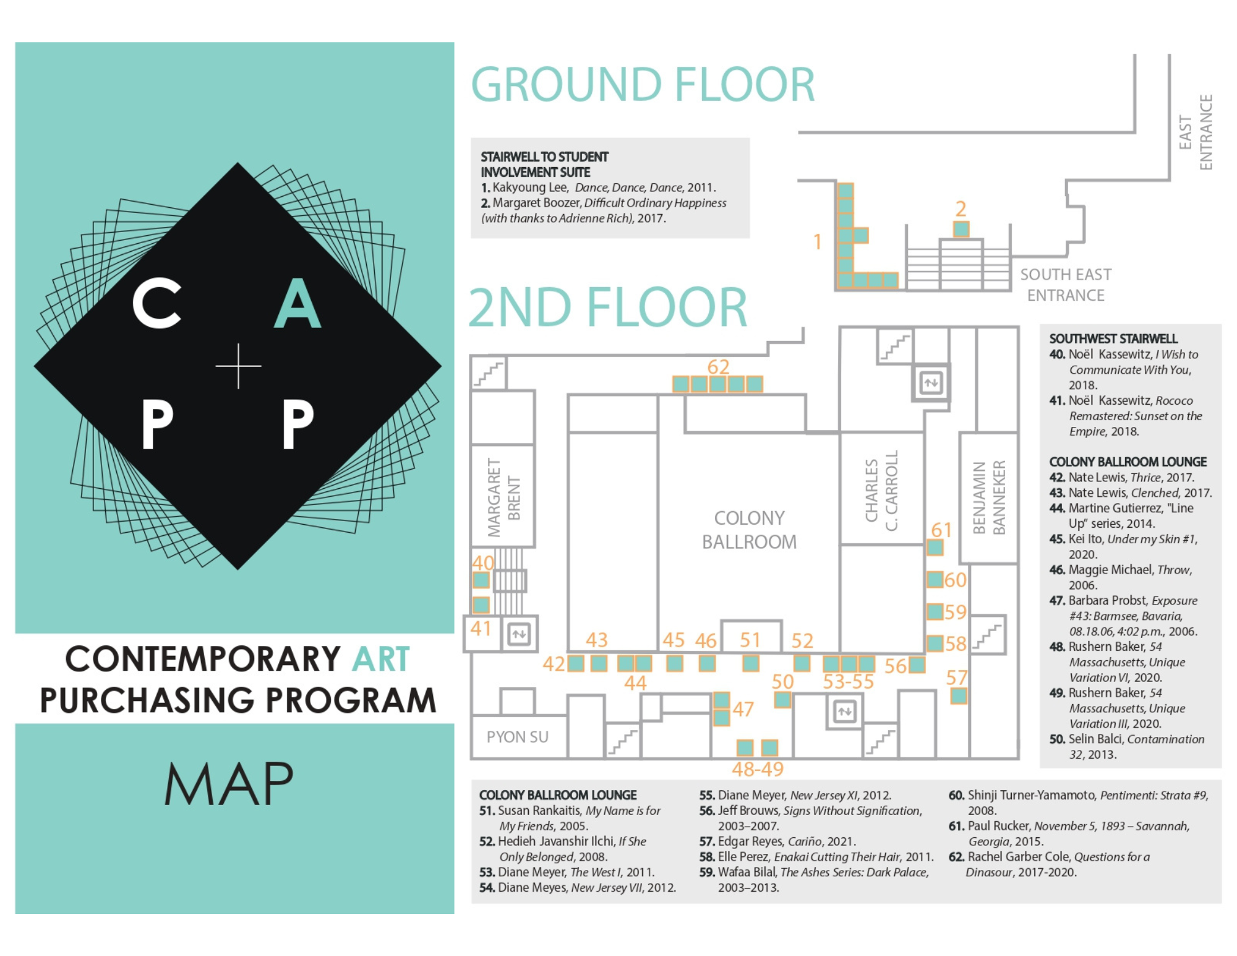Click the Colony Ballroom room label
[x=749, y=530]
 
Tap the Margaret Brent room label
[x=503, y=497]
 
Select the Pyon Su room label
[x=517, y=737]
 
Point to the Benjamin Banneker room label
[x=989, y=497]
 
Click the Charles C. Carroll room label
[x=881, y=491]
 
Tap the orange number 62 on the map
[x=718, y=367]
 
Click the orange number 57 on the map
[x=956, y=678]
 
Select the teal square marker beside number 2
[x=961, y=229]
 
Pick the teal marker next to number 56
[x=917, y=665]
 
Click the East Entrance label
[x=1195, y=132]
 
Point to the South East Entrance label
[x=1065, y=285]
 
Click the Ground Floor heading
[x=643, y=85]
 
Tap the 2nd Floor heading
[x=608, y=307]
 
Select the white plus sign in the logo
[x=238, y=366]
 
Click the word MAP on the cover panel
[x=229, y=783]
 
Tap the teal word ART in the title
[x=380, y=658]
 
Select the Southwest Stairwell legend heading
[x=1113, y=338]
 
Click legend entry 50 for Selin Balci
[x=1127, y=747]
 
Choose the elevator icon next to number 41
[x=518, y=634]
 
